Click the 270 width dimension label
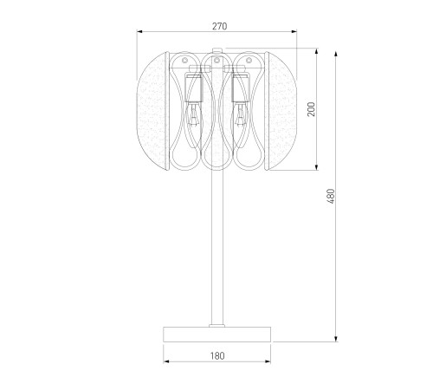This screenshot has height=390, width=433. [220, 26]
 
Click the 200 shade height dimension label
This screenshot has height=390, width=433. [311, 109]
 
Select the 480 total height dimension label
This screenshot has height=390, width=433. [331, 196]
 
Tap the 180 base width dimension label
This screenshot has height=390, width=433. [217, 356]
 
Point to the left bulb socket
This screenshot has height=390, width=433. [193, 88]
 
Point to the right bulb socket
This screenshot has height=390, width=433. [240, 88]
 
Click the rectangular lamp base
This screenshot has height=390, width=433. [217, 335]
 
